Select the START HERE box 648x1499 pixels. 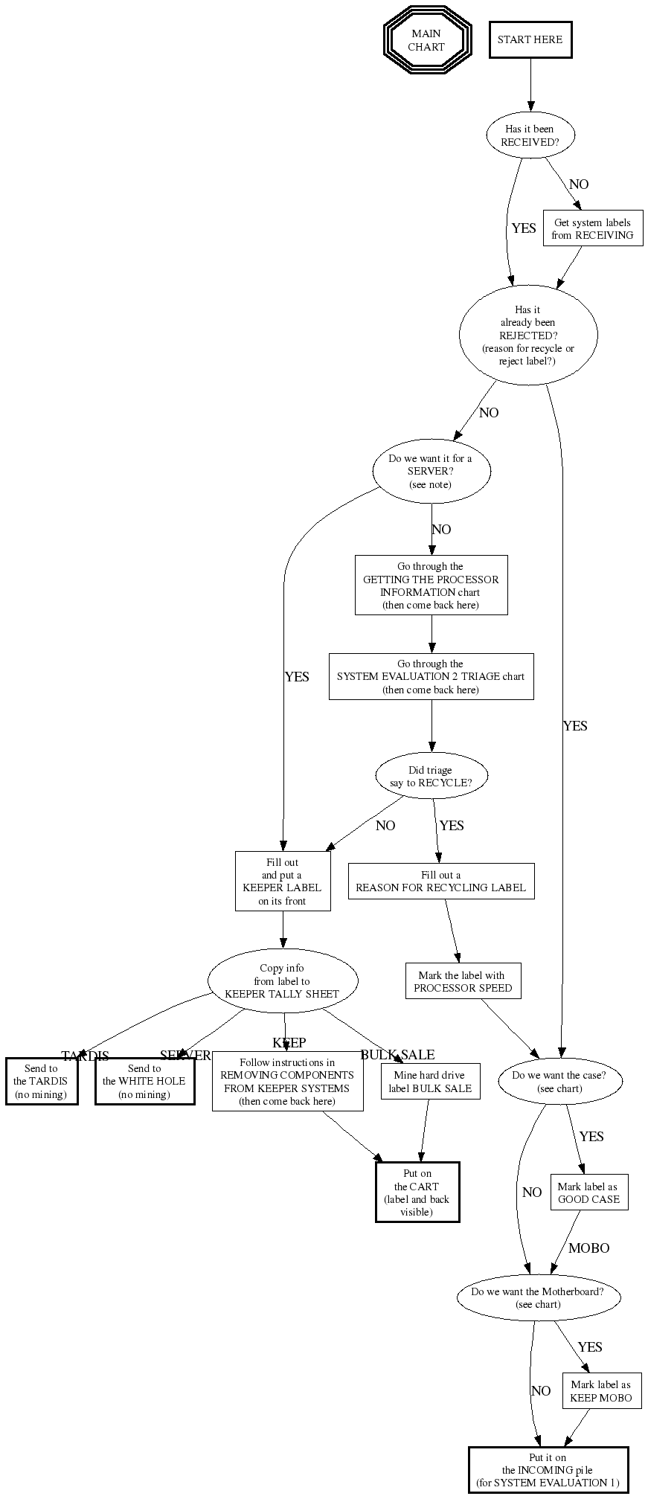(x=530, y=39)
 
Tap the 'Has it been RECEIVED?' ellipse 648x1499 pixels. (x=529, y=135)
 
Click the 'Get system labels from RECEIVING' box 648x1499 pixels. (x=592, y=228)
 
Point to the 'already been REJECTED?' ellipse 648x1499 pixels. (x=528, y=335)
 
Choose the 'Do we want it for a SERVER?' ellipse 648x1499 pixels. (x=431, y=471)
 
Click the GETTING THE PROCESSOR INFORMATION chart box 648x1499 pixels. (x=431, y=585)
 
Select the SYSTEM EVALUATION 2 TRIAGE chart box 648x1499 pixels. (x=431, y=676)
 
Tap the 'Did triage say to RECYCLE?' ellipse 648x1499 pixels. (x=431, y=777)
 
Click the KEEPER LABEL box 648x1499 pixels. (x=283, y=882)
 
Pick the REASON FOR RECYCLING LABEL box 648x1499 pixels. (x=440, y=881)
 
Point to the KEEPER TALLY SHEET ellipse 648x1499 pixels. (x=282, y=980)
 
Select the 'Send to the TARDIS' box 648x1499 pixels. (x=41, y=1081)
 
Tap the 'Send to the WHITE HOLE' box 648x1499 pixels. (x=144, y=1081)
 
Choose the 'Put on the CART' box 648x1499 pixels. (x=417, y=1192)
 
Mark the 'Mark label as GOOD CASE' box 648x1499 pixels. (x=588, y=1193)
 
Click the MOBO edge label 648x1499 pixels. (x=588, y=1248)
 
